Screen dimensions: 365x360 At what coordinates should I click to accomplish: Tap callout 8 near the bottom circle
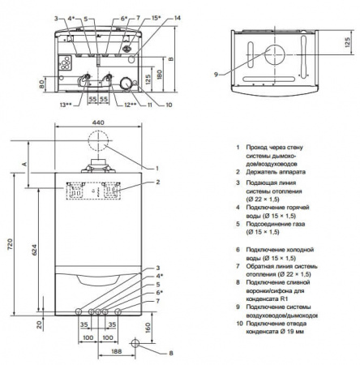[172, 353]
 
